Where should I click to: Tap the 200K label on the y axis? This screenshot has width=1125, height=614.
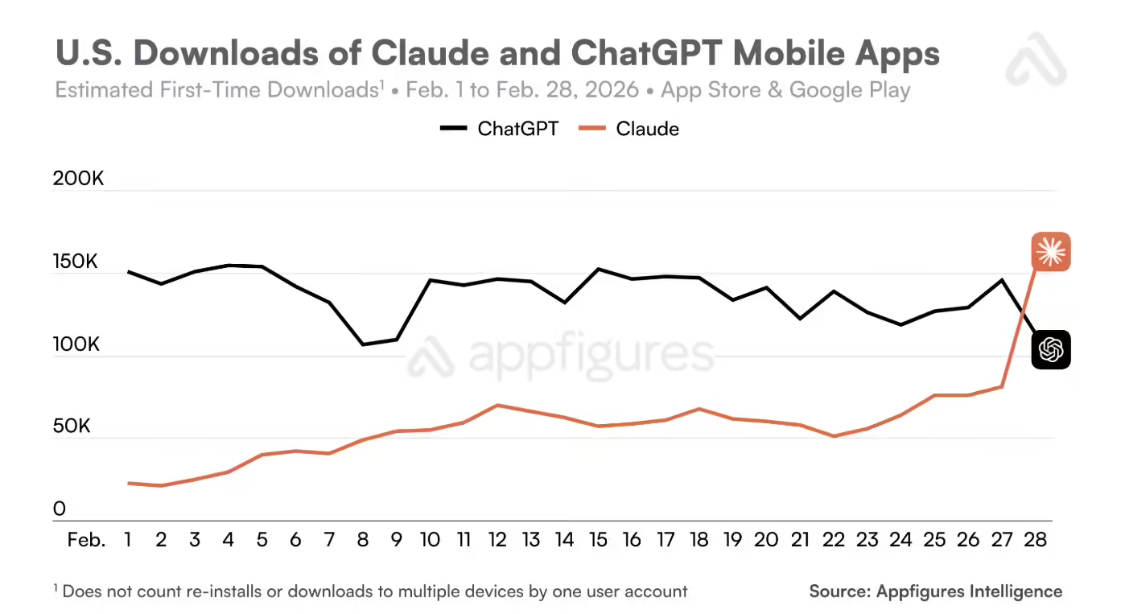[79, 180]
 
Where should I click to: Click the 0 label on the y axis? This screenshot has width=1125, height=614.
[59, 509]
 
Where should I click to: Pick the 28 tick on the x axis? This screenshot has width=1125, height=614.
[1036, 540]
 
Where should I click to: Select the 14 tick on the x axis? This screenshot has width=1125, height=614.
[564, 540]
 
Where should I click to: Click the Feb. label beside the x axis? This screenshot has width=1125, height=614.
[86, 540]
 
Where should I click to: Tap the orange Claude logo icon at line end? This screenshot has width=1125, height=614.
[1051, 251]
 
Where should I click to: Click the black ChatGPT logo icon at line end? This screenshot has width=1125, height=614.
[1051, 349]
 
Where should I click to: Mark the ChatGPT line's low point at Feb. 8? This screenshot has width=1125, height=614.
[362, 344]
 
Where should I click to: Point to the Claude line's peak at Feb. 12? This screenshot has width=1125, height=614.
[497, 405]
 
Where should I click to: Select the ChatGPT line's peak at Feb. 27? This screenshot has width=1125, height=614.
[1001, 279]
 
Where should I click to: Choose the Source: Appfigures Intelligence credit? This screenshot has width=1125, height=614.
[935, 591]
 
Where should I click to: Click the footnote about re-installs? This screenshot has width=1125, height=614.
[370, 591]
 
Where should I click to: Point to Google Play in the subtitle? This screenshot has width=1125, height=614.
[849, 90]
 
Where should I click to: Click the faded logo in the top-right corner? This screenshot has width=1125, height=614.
[1036, 60]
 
